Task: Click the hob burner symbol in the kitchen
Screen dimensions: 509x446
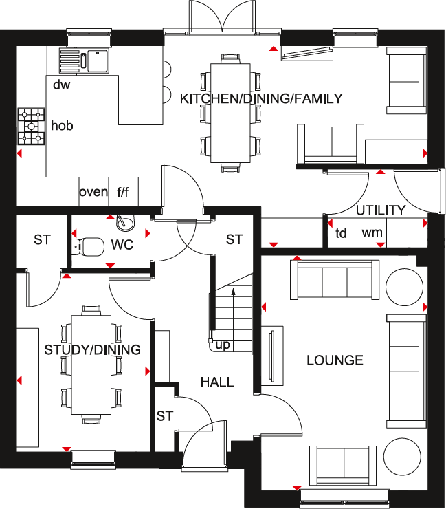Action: [31, 126]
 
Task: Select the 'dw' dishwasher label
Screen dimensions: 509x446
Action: [61, 85]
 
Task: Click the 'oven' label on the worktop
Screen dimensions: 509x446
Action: [93, 192]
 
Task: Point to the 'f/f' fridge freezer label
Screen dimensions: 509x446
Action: [123, 192]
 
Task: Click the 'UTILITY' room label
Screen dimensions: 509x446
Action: [380, 210]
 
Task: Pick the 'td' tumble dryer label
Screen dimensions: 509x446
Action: [341, 233]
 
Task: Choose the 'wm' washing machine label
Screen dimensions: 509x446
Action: [372, 233]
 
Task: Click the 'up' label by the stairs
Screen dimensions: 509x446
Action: [223, 345]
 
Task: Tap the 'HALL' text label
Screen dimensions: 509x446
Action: [216, 382]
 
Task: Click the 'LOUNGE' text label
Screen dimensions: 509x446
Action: [335, 360]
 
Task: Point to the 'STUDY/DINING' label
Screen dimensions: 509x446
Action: [92, 350]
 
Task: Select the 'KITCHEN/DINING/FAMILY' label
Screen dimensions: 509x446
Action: [260, 98]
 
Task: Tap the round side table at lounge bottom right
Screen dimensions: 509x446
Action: [402, 455]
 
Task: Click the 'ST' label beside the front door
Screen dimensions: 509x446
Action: [164, 416]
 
